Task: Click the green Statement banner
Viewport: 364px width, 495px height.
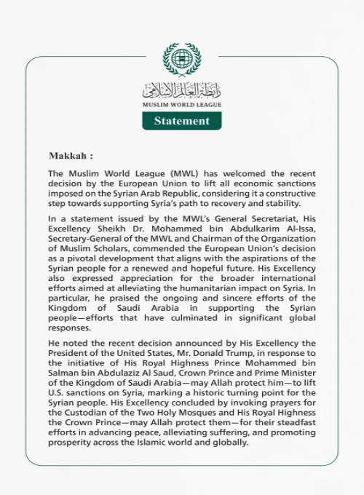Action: [182, 121]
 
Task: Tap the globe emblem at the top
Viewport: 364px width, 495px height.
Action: [182, 60]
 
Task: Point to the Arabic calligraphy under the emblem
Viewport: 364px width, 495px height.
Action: [182, 91]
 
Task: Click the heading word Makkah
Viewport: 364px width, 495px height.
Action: [68, 156]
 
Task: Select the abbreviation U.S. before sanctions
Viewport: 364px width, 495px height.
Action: [60, 403]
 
